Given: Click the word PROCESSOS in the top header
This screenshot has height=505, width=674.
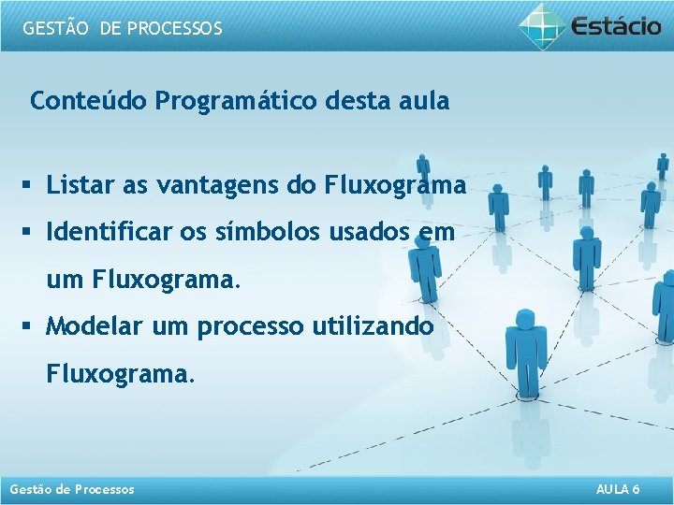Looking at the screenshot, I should coord(174,28).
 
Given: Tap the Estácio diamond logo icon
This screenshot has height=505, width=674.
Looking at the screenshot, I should coord(542,24).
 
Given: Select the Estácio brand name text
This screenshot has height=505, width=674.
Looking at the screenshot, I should coord(616,25).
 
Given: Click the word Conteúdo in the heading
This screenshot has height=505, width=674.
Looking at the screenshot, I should coord(89,101).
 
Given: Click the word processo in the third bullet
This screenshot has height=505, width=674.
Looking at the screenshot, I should coord(251,327).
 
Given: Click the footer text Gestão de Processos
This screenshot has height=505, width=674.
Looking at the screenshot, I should coord(71,489).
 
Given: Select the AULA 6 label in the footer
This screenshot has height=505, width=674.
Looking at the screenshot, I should coord(618,489).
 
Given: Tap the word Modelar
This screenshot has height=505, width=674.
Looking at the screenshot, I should coord(92,327).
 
